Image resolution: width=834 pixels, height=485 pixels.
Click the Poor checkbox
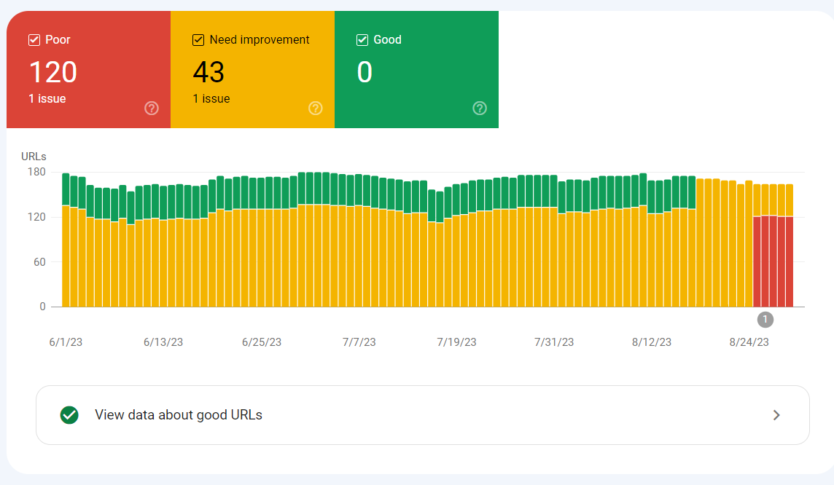click(x=34, y=40)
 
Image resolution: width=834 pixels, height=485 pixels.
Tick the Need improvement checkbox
click(x=198, y=40)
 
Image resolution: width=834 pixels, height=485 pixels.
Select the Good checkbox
click(x=362, y=40)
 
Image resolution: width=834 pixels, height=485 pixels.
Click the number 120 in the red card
click(x=53, y=72)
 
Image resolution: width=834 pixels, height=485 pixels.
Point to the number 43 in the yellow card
click(x=208, y=72)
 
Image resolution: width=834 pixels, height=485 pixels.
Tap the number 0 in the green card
click(x=365, y=72)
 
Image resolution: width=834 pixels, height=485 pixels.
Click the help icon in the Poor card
click(x=152, y=109)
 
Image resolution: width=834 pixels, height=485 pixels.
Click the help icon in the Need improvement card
click(x=316, y=109)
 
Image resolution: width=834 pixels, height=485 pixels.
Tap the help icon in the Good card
click(x=480, y=109)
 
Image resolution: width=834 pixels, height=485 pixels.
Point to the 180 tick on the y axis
click(x=36, y=173)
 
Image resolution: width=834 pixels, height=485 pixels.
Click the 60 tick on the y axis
click(x=39, y=262)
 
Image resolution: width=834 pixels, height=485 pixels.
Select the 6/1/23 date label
click(x=65, y=342)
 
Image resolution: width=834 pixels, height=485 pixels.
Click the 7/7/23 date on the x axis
click(x=359, y=342)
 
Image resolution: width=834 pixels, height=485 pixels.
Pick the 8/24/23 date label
click(x=749, y=342)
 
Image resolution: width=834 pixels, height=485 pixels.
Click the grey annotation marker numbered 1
click(x=765, y=319)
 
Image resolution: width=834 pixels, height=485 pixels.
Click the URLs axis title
click(x=34, y=157)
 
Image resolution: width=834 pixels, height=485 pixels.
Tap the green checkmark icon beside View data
click(x=69, y=415)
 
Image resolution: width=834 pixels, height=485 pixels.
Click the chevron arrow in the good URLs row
click(x=776, y=415)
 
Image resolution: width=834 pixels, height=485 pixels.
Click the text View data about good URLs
click(x=179, y=415)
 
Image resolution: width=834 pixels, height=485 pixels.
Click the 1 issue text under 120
click(x=47, y=99)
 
